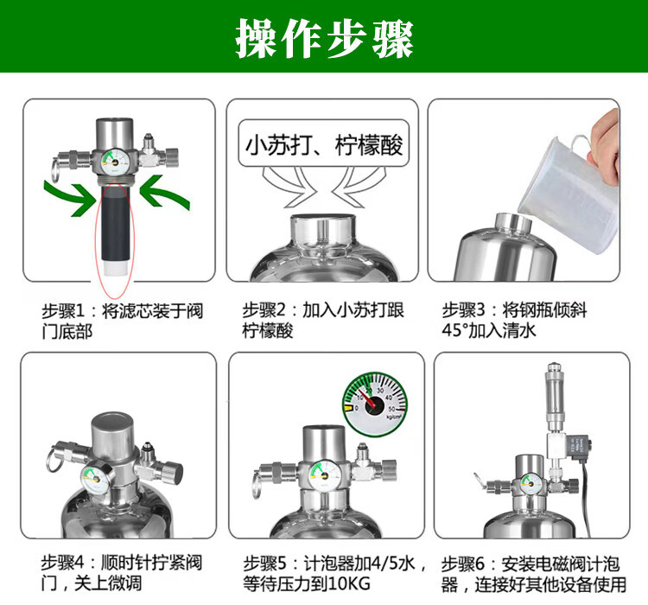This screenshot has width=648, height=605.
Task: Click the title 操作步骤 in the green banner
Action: pos(324,38)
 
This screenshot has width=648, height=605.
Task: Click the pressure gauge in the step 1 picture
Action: pos(115,162)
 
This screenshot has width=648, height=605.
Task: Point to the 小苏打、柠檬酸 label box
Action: pos(324,143)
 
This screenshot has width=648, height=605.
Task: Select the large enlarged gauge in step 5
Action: pos(375,404)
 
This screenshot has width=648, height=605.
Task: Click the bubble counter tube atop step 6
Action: pos(555,397)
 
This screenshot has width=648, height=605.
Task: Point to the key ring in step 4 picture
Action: pos(53,461)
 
